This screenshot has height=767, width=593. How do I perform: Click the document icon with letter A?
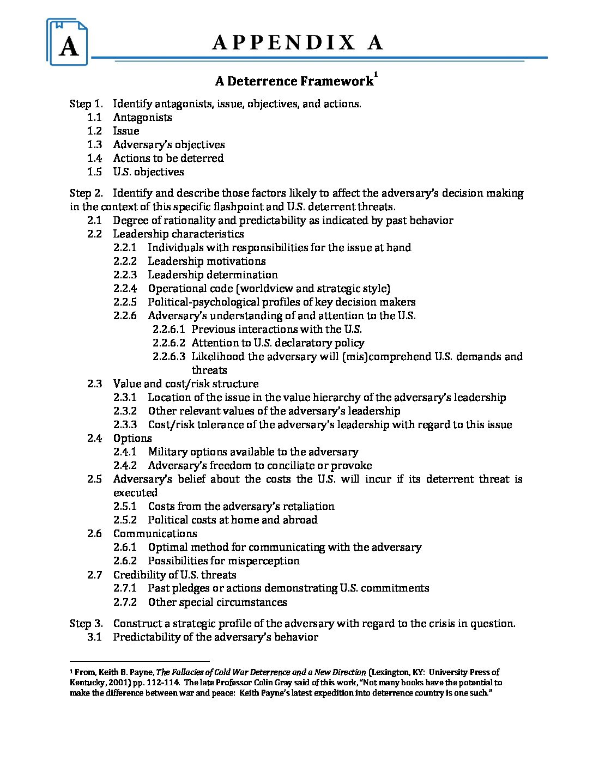(x=68, y=42)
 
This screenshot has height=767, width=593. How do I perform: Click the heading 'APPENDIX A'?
(x=297, y=42)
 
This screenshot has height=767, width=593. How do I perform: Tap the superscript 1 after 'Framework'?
(x=376, y=75)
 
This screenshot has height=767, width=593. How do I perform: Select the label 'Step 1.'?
(x=86, y=104)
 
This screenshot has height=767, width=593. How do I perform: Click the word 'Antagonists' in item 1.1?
(x=142, y=117)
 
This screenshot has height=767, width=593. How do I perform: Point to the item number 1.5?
(x=94, y=172)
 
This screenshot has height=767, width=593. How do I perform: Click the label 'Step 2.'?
(x=86, y=193)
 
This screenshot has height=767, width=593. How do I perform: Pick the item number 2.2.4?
(x=125, y=288)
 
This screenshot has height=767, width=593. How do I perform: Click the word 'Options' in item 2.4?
(x=132, y=438)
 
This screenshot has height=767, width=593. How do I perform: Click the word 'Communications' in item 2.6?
(x=155, y=533)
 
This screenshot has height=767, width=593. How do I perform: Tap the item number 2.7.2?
(x=125, y=602)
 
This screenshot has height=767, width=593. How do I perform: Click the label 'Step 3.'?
(x=86, y=623)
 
